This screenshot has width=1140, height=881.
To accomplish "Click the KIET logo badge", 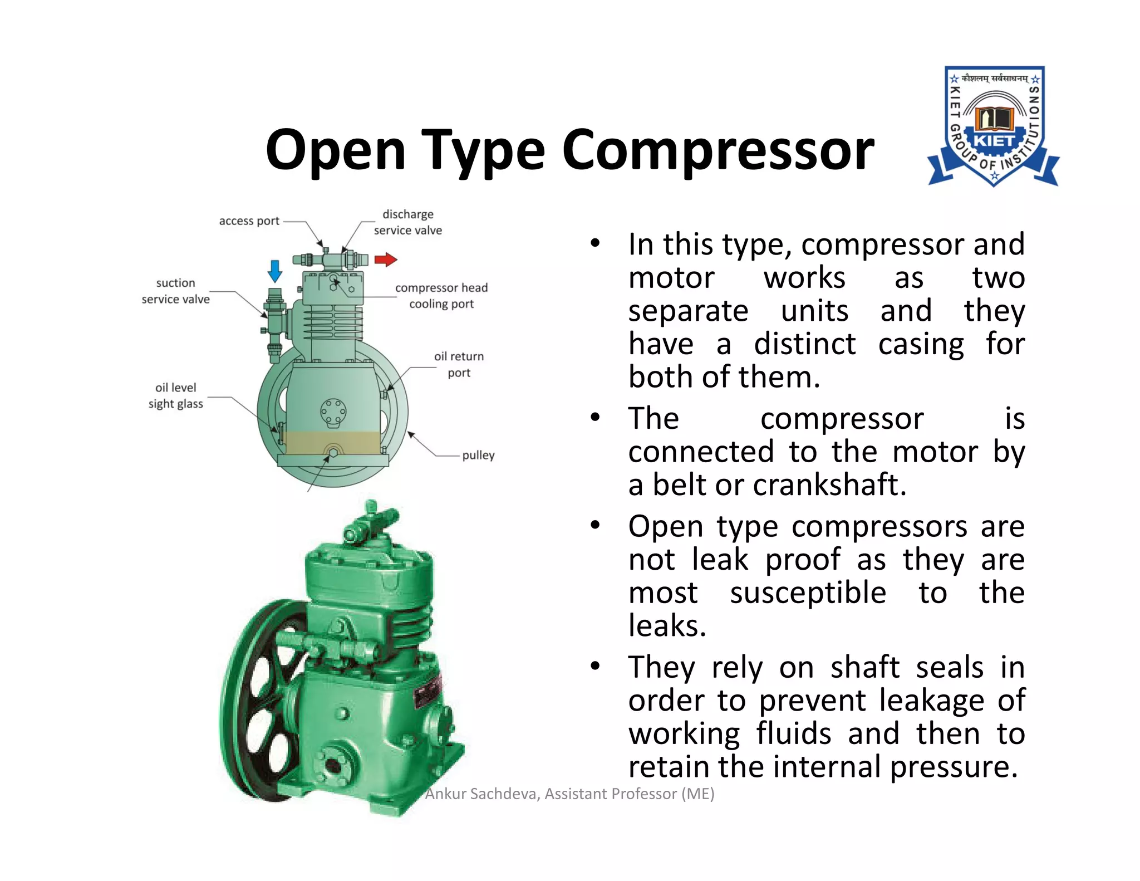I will click(994, 126).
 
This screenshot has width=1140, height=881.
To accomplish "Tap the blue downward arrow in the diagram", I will click(275, 271).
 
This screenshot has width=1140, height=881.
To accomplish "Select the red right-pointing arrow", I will click(385, 260).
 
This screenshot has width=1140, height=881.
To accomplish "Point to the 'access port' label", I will click(249, 221).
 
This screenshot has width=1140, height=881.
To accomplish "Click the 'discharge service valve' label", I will click(408, 222).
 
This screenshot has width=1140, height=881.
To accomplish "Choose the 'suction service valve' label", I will click(175, 291).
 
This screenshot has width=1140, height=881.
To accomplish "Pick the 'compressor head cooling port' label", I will click(441, 296).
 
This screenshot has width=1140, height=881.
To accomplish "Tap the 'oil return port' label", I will click(459, 364).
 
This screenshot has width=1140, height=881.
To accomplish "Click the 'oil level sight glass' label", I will click(175, 395).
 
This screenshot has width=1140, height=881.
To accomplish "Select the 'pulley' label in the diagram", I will click(478, 455).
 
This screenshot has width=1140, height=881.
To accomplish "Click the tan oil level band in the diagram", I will click(332, 442).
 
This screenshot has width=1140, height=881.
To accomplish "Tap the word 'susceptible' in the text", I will click(808, 593).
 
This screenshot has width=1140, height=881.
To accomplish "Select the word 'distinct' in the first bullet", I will click(804, 344).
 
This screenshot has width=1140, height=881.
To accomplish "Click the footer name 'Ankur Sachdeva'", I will click(482, 794).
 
